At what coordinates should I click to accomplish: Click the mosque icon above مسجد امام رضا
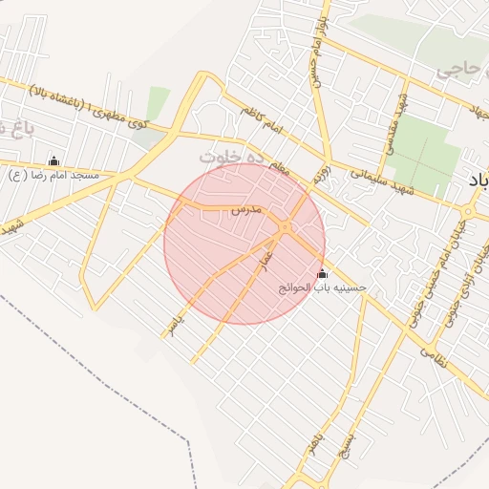point(53,160)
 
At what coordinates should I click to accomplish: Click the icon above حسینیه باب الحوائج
point(321,274)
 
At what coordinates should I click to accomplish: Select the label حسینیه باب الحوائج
point(322,287)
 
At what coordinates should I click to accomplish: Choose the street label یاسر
point(173,324)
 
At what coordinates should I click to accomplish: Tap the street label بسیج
point(348,443)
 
